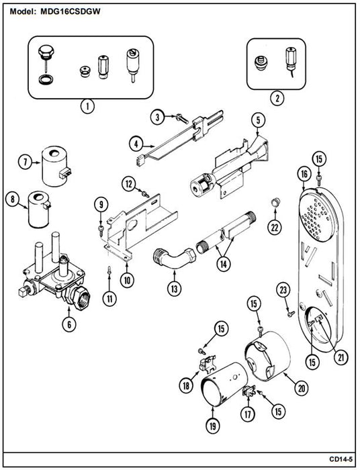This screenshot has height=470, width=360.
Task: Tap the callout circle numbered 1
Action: (x=87, y=106)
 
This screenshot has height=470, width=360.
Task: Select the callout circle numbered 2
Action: (x=277, y=97)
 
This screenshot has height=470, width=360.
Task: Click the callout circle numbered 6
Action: (x=69, y=324)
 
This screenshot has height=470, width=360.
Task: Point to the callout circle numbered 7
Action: (x=26, y=162)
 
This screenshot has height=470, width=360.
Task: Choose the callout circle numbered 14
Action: (x=224, y=264)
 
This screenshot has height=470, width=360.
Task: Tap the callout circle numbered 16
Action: (x=304, y=174)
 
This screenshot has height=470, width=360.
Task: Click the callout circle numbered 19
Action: (x=212, y=425)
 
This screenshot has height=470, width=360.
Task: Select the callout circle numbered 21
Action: (x=341, y=357)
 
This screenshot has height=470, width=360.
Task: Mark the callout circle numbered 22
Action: (x=275, y=228)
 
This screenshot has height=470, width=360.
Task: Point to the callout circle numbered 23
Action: (x=283, y=290)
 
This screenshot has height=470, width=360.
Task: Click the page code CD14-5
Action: (x=341, y=459)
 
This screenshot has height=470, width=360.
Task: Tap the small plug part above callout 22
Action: (x=275, y=202)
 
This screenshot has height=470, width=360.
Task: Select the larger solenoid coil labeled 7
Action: (x=56, y=166)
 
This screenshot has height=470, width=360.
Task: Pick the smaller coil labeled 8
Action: (x=39, y=209)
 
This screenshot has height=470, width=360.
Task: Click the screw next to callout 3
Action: (x=182, y=118)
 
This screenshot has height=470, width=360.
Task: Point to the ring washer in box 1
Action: (x=46, y=80)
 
